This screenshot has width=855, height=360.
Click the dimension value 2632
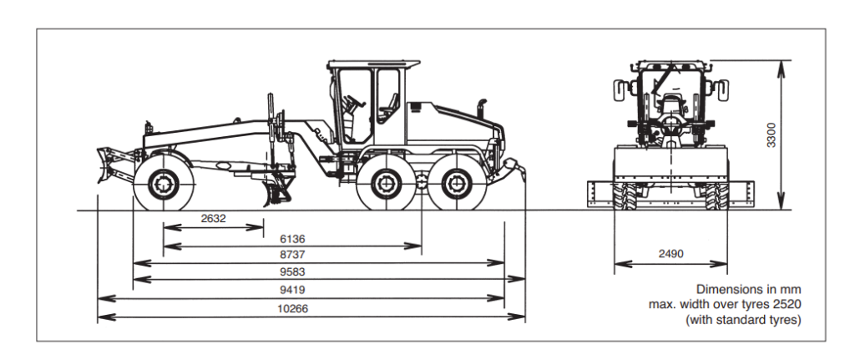coord(214,219)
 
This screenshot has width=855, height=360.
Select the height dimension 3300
coord(772,134)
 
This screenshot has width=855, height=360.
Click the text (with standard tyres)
coord(743,319)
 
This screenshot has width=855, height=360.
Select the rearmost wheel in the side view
coord(456,184)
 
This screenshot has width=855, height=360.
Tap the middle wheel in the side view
coord(385,184)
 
